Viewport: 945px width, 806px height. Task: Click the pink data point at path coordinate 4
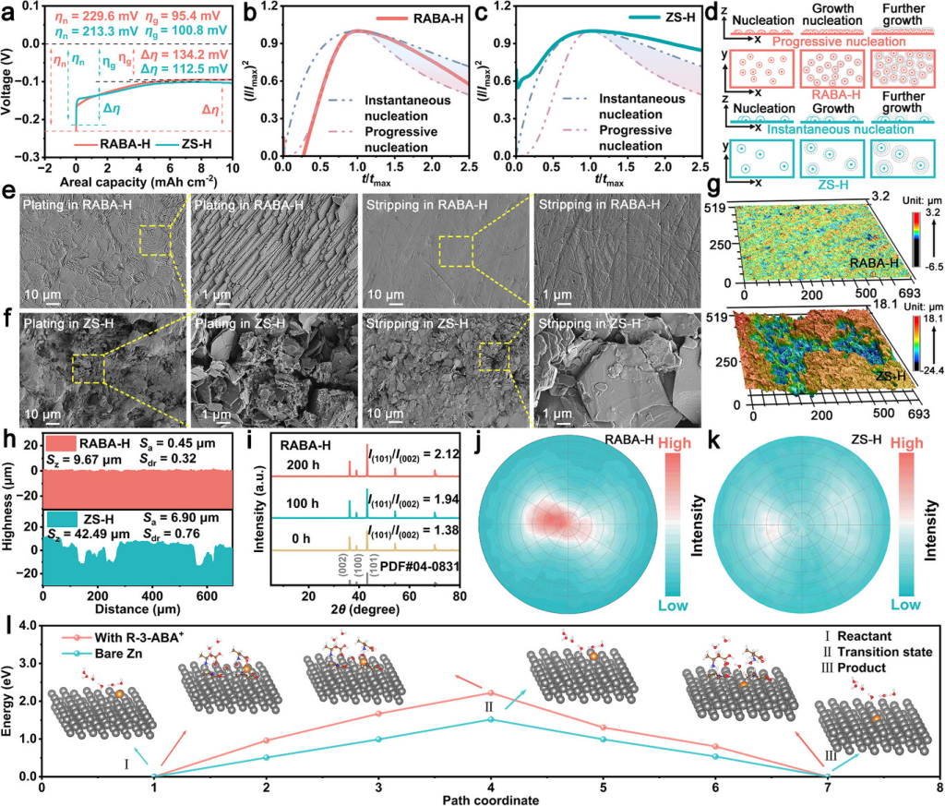pyautogui.click(x=491, y=692)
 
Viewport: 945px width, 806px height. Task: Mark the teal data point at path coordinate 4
pyautogui.click(x=491, y=719)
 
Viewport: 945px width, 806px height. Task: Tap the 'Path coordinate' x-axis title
pyautogui.click(x=489, y=800)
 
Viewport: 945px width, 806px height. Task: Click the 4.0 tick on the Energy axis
pyautogui.click(x=29, y=625)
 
